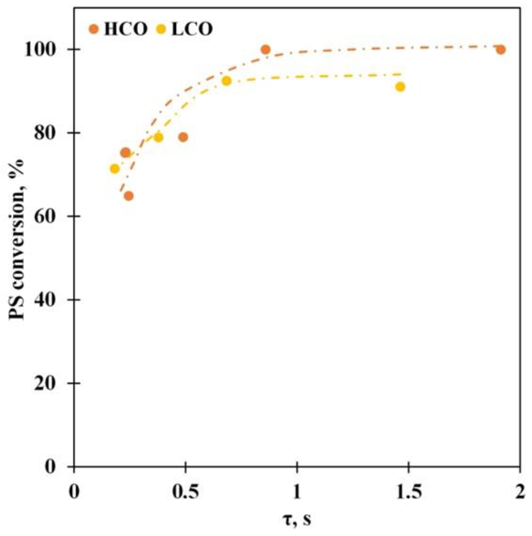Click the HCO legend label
point(125,29)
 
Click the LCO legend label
point(192,29)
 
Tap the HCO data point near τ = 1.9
point(500,49)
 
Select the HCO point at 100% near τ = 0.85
point(265,49)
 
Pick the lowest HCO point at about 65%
point(128,196)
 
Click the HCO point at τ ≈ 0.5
point(183,137)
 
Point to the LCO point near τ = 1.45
point(400,87)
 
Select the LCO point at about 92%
point(226,81)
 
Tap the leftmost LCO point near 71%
point(114,169)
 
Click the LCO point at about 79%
point(158,137)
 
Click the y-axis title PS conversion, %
point(17,239)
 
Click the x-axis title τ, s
point(297,520)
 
